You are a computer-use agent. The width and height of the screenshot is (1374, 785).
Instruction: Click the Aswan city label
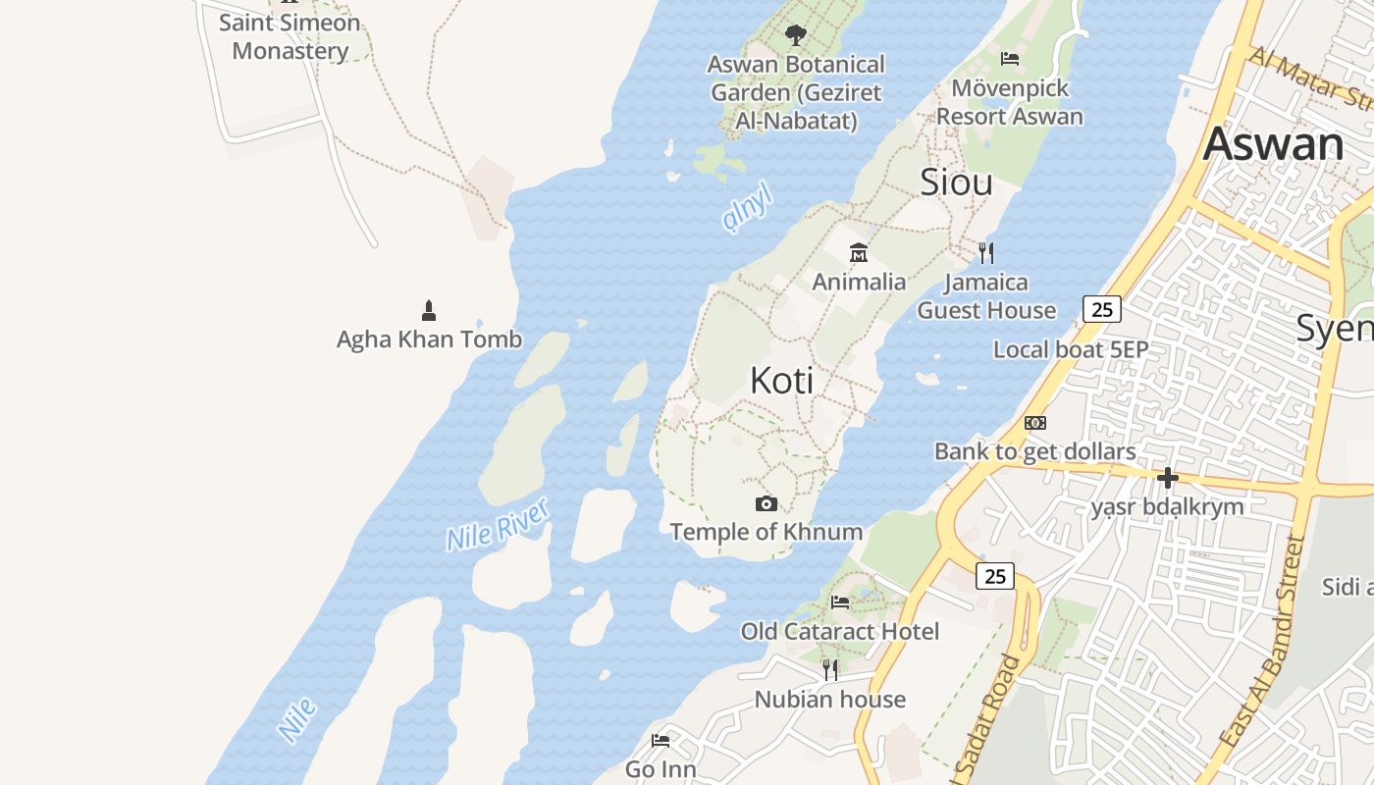(1273, 145)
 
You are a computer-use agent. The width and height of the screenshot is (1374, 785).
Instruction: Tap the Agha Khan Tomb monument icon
(428, 311)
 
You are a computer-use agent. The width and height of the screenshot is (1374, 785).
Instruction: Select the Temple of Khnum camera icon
(766, 504)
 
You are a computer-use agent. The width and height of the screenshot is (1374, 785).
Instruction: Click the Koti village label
(781, 381)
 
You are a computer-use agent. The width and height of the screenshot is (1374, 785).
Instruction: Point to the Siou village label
(956, 183)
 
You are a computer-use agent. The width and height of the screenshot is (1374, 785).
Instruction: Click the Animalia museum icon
(859, 253)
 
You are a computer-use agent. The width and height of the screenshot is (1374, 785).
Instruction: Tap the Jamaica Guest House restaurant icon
(986, 253)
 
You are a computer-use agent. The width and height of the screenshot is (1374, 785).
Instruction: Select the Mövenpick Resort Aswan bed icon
(1010, 59)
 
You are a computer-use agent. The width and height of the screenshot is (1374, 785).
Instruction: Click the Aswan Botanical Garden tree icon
(795, 35)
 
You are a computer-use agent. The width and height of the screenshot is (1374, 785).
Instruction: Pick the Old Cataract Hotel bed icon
(840, 602)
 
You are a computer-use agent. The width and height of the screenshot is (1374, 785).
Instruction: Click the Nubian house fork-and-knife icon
(830, 670)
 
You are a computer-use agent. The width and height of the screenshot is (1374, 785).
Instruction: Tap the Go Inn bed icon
(661, 741)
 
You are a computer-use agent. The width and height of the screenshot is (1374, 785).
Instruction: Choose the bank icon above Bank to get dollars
(1034, 423)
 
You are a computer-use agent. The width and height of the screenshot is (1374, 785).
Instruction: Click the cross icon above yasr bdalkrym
(1167, 478)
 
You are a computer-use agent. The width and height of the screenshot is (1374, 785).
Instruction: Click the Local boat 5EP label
(1071, 350)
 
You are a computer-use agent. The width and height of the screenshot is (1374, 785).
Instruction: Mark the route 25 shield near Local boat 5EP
(1102, 310)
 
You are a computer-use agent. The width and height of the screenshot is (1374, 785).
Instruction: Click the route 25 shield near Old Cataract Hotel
(995, 576)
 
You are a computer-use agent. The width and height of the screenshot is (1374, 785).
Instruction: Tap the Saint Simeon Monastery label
(290, 36)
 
